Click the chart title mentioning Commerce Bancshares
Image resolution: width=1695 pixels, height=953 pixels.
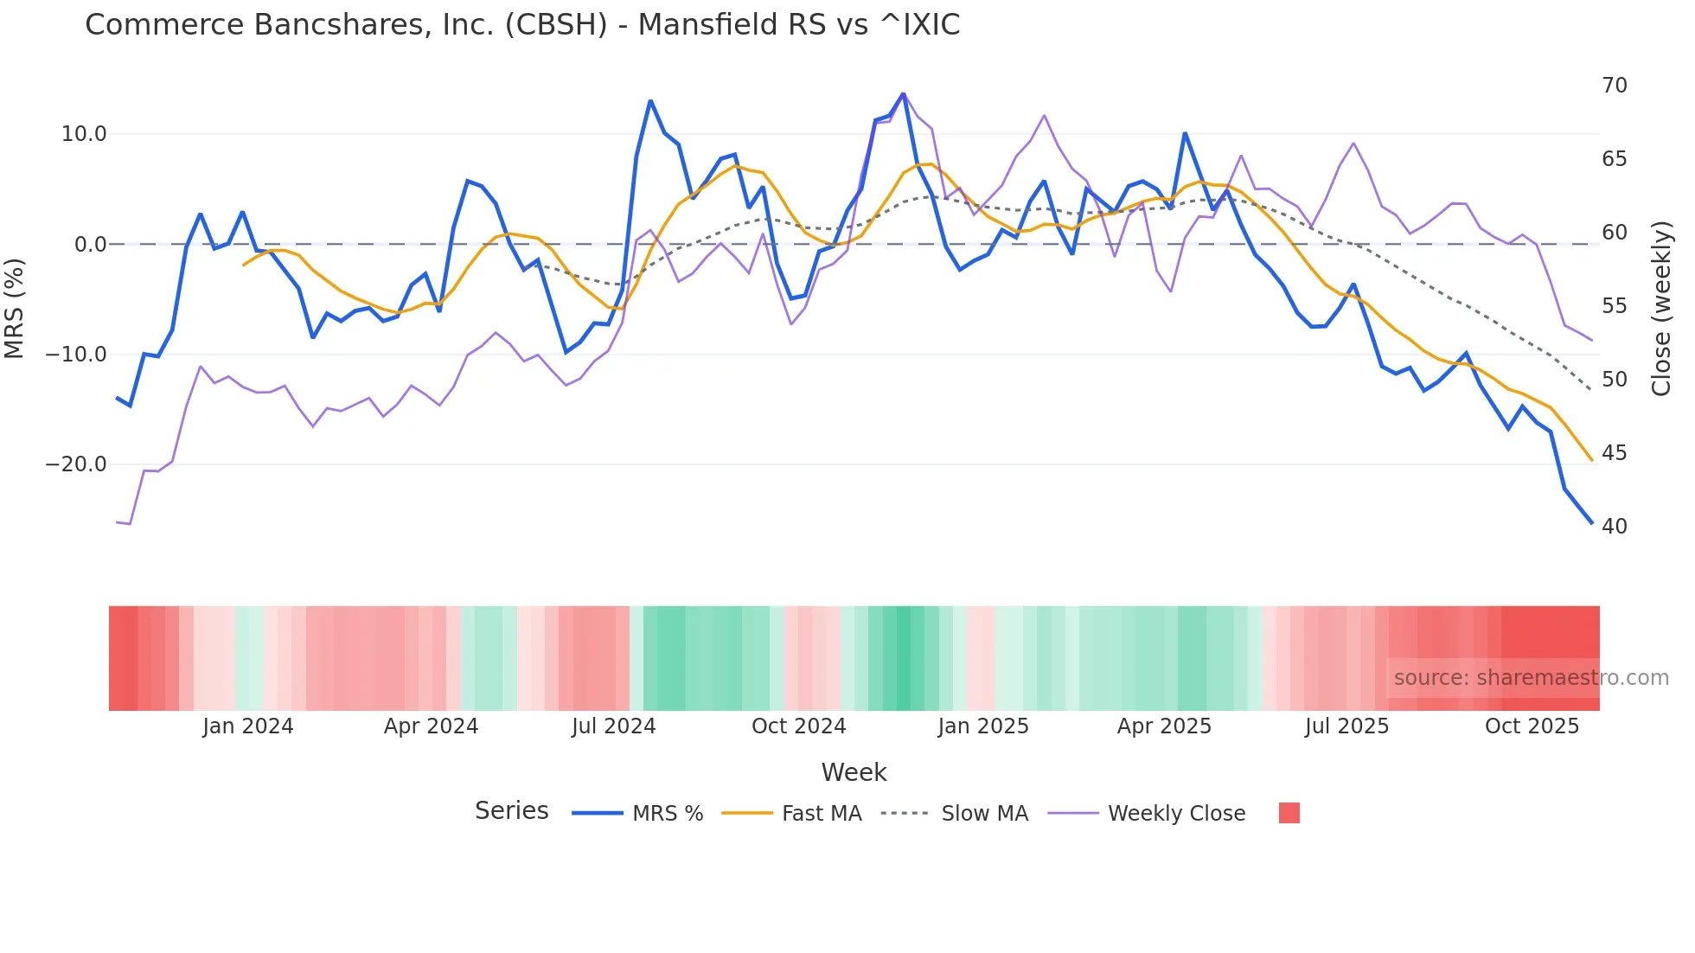(522, 25)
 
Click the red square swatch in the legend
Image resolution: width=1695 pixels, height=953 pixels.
(1289, 813)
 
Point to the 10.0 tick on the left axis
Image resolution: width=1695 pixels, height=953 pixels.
(84, 134)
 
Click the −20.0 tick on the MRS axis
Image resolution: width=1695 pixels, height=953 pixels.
(76, 464)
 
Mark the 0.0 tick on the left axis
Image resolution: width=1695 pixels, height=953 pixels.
(91, 245)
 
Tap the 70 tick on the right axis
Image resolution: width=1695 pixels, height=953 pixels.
(1614, 86)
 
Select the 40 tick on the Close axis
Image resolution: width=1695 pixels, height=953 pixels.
(1614, 527)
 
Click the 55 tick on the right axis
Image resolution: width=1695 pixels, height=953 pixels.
(1614, 306)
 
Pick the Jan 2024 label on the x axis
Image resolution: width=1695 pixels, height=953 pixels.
(248, 726)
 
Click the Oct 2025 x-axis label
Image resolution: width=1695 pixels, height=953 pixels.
(1532, 726)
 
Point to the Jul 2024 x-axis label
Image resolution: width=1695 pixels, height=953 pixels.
(613, 726)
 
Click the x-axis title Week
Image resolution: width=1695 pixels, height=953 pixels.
(854, 772)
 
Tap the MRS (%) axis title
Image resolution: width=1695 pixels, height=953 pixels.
(15, 308)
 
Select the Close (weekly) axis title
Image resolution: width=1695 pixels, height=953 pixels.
(1660, 308)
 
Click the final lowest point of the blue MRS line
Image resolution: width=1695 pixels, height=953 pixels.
(1591, 522)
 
